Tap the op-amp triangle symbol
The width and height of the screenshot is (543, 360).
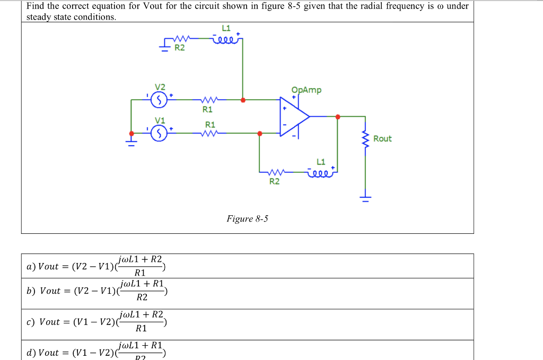pyautogui.click(x=294, y=117)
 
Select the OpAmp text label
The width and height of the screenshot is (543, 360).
pyautogui.click(x=306, y=90)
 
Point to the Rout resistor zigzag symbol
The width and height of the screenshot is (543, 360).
pyautogui.click(x=364, y=139)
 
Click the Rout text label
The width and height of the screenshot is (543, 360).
pyautogui.click(x=382, y=139)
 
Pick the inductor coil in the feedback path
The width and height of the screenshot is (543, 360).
pyautogui.click(x=320, y=171)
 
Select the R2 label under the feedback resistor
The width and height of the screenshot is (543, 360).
pyautogui.click(x=274, y=182)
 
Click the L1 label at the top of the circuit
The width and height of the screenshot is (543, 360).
pyautogui.click(x=226, y=28)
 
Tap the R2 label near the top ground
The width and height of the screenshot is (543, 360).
pyautogui.click(x=180, y=48)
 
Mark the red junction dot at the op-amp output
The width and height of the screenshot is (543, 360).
pyautogui.click(x=337, y=117)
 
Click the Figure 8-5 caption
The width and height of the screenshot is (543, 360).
pyautogui.click(x=247, y=218)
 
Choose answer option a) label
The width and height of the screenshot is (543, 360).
pyautogui.click(x=31, y=267)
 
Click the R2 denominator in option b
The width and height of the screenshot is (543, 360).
pyautogui.click(x=142, y=297)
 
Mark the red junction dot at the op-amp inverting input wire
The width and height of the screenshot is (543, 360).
pyautogui.click(x=259, y=134)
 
